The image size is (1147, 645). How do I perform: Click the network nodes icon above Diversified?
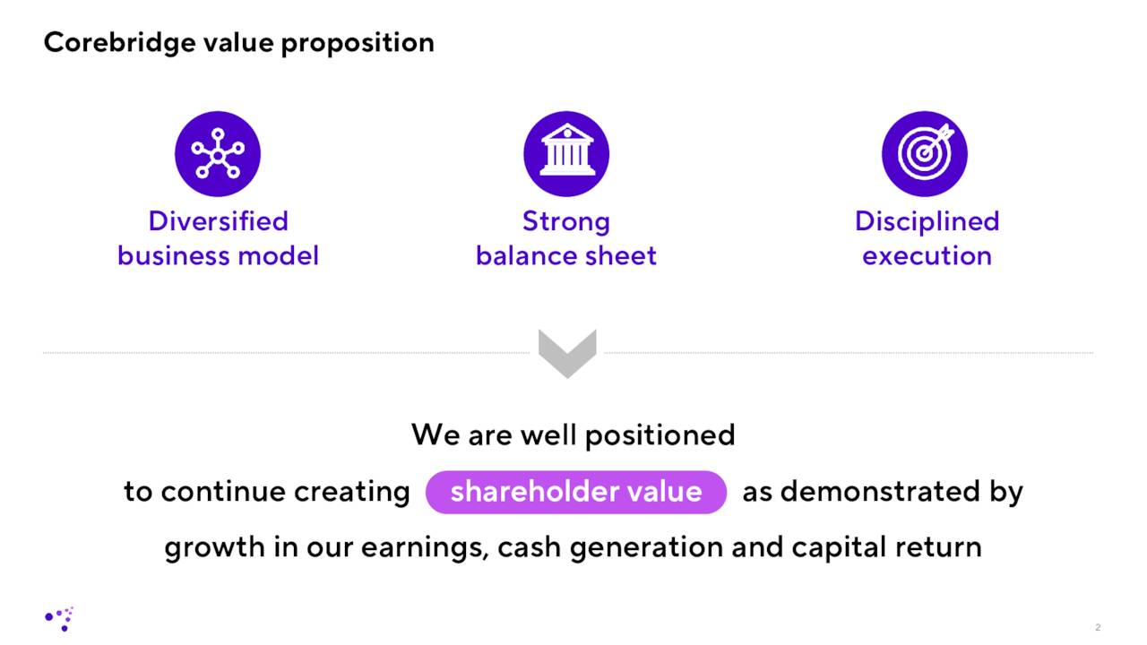[x=218, y=154]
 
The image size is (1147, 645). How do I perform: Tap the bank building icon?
[x=566, y=154]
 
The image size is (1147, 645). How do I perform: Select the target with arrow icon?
[x=925, y=154]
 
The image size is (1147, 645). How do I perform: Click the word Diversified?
[x=218, y=221]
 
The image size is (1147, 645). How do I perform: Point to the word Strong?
[x=566, y=221]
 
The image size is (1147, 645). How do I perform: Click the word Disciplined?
[x=927, y=221]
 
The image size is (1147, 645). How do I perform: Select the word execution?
[x=927, y=256]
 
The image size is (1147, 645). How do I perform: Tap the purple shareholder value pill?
[x=575, y=492]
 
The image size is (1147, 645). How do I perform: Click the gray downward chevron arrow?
[x=567, y=353]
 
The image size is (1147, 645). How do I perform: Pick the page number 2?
[x=1098, y=627]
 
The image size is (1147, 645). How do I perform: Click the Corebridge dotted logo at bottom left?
[x=60, y=618]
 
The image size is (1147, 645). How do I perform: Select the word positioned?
[x=660, y=435]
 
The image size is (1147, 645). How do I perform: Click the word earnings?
[x=424, y=547]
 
